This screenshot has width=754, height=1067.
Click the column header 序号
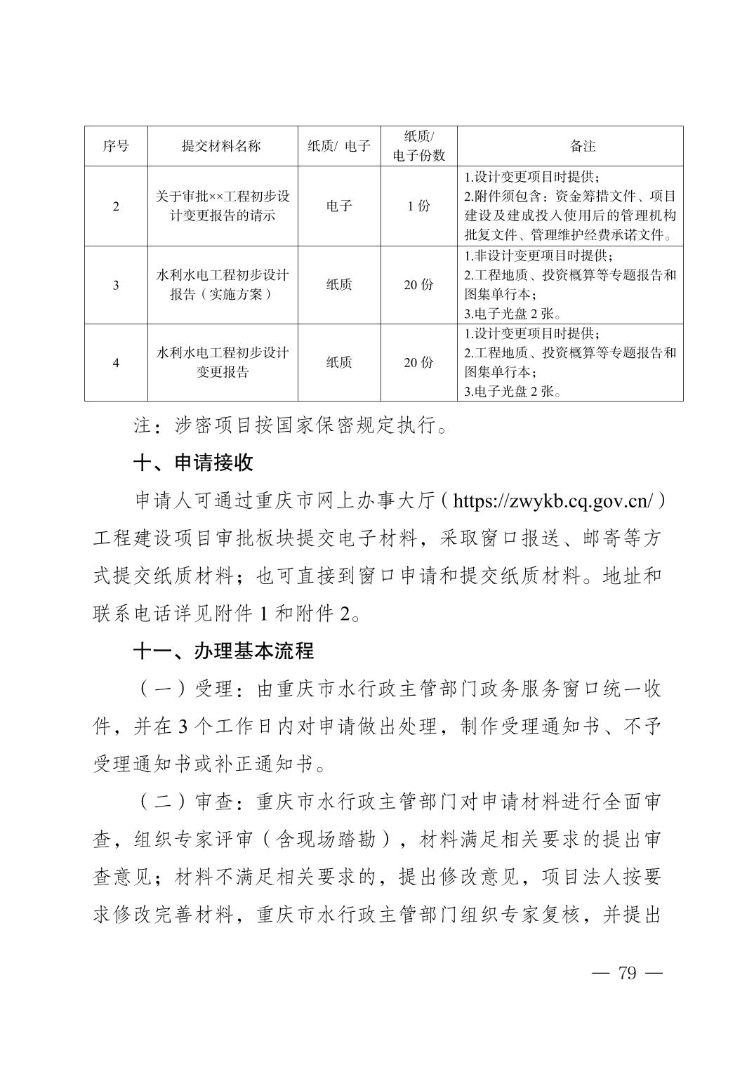point(116,146)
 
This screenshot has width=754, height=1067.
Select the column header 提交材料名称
point(222,146)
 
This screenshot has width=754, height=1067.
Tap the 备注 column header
point(582,146)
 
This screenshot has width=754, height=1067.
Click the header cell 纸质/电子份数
point(418,146)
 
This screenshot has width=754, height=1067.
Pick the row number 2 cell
point(116,206)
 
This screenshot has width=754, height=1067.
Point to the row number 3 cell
point(116,285)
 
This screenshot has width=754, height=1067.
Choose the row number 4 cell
point(116,363)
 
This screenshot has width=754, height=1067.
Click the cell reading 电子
point(339,206)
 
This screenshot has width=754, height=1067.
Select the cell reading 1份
point(418,206)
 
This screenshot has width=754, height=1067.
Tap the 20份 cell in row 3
point(418,285)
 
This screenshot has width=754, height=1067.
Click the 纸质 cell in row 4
point(339,363)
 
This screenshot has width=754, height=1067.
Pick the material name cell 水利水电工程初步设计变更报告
point(222,363)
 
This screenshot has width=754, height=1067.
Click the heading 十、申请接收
point(193,463)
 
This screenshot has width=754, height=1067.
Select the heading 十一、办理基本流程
point(223,651)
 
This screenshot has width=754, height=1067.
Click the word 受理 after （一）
point(213,690)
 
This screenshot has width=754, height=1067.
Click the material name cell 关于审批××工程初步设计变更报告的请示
point(222,206)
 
